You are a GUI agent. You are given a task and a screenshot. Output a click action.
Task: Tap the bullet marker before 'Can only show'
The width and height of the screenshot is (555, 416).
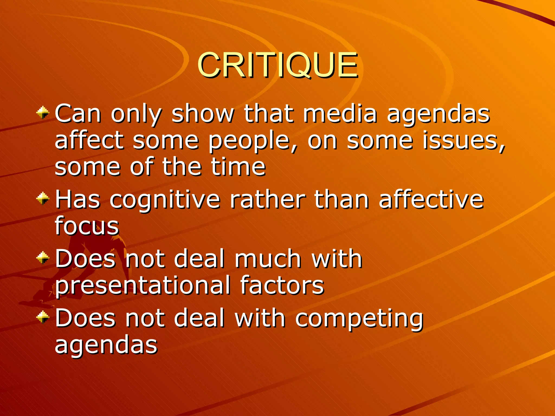43,113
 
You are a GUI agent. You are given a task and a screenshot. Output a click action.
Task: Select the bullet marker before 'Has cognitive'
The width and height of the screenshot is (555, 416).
43,199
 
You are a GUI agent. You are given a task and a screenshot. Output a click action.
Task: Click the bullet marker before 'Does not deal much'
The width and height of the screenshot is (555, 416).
43,258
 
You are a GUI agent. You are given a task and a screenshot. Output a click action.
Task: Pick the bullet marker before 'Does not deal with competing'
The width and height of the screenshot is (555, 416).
43,317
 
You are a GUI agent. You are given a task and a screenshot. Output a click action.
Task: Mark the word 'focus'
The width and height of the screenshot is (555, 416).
87,225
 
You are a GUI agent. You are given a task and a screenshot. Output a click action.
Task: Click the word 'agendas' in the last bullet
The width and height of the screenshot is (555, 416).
106,345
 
